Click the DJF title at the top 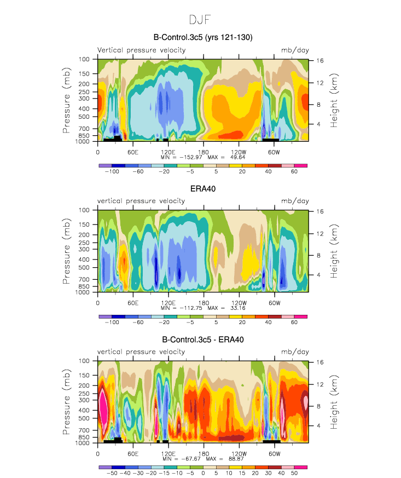[x=200, y=20]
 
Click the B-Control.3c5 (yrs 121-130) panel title [x=203, y=37]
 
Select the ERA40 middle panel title [x=203, y=189]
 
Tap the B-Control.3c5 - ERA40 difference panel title [x=203, y=339]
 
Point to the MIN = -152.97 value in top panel [x=181, y=157]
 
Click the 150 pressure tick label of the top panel [x=84, y=74]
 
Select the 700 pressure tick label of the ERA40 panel [x=84, y=279]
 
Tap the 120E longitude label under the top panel [x=168, y=152]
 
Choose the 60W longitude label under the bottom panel [x=274, y=454]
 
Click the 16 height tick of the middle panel [x=319, y=211]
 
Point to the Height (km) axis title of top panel [x=334, y=100]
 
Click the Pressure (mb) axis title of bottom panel [x=66, y=402]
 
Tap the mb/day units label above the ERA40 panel [x=295, y=201]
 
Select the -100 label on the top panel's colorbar [x=112, y=171]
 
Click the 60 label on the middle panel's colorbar [x=294, y=322]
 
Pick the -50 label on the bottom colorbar [x=112, y=473]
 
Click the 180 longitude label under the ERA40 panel [x=204, y=303]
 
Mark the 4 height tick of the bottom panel [x=318, y=425]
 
